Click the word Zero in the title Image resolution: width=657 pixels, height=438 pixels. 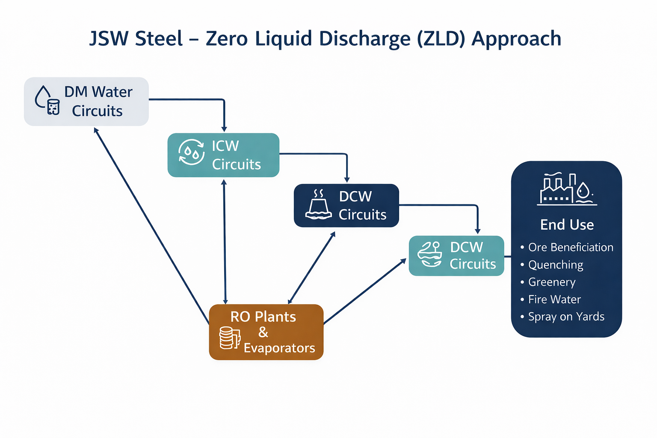tap(226, 38)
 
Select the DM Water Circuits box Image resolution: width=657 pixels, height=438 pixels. tap(86, 101)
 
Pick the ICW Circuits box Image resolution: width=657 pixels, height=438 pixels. tap(223, 155)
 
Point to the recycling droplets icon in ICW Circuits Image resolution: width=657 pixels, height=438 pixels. tap(191, 152)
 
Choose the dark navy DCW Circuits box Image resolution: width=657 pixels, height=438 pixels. tap(346, 205)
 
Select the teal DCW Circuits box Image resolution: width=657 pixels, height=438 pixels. tap(456, 255)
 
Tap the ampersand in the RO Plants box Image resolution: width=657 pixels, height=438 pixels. tap(263, 332)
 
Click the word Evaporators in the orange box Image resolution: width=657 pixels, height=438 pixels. tap(279, 348)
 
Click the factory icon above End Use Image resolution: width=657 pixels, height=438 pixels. tap(567, 189)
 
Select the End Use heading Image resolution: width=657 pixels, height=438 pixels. tap(567, 225)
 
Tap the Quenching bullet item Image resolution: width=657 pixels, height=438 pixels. tap(555, 265)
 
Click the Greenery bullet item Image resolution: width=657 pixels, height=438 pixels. tap(551, 282)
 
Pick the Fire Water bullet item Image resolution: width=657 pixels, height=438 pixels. tap(554, 299)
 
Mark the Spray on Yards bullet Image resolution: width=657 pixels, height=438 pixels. tap(566, 317)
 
